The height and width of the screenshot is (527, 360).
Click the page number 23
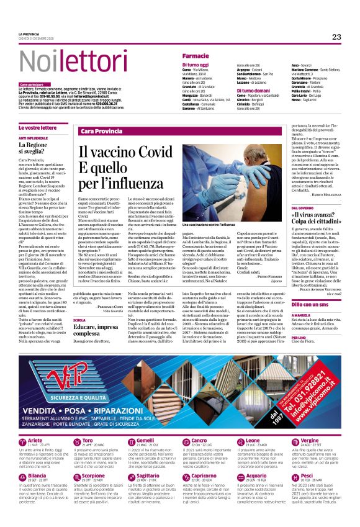[x=336, y=37]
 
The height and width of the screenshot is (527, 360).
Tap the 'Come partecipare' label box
[x=32, y=84]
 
